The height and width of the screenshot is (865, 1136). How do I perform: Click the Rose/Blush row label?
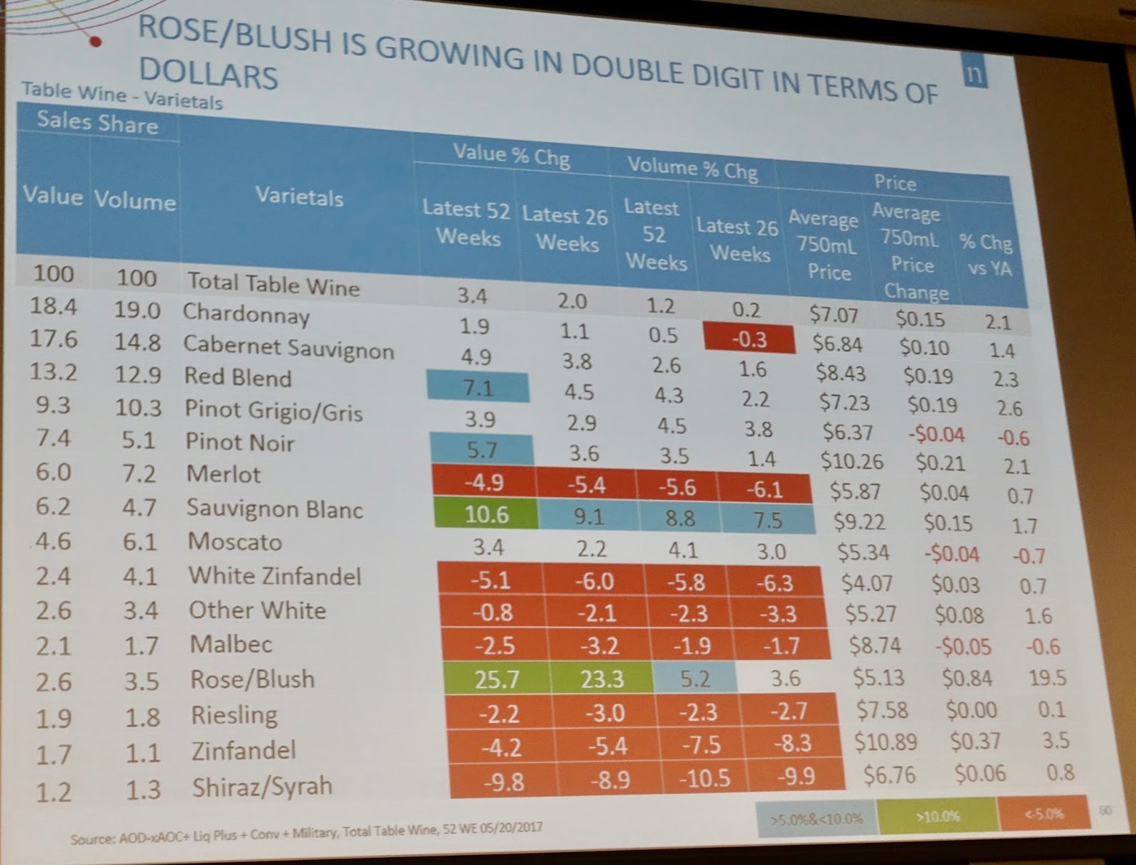pyautogui.click(x=252, y=680)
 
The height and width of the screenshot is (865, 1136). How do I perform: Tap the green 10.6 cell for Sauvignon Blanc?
pyautogui.click(x=486, y=513)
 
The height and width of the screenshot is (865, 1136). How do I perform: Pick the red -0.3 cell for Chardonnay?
pyautogui.click(x=749, y=339)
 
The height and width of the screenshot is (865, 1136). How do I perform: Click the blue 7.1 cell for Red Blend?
pyautogui.click(x=478, y=388)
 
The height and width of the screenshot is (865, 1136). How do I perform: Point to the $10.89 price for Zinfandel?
pyautogui.click(x=885, y=742)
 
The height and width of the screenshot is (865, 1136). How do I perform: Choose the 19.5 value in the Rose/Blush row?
pyautogui.click(x=1047, y=678)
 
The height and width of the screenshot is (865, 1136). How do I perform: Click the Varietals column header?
pyautogui.click(x=299, y=197)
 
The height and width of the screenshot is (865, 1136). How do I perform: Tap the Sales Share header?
pyautogui.click(x=97, y=123)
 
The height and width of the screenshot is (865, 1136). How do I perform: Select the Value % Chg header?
pyautogui.click(x=511, y=155)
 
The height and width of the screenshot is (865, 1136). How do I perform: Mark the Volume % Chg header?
pyautogui.click(x=692, y=168)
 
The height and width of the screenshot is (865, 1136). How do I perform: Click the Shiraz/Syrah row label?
pyautogui.click(x=261, y=786)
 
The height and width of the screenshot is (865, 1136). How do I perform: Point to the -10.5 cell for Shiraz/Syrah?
pyautogui.click(x=704, y=778)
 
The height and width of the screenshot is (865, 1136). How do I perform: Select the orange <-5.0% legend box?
pyautogui.click(x=1043, y=814)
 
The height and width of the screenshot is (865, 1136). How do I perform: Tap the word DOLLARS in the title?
pyautogui.click(x=208, y=73)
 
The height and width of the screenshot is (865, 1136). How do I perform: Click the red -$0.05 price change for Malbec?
pyautogui.click(x=963, y=647)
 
